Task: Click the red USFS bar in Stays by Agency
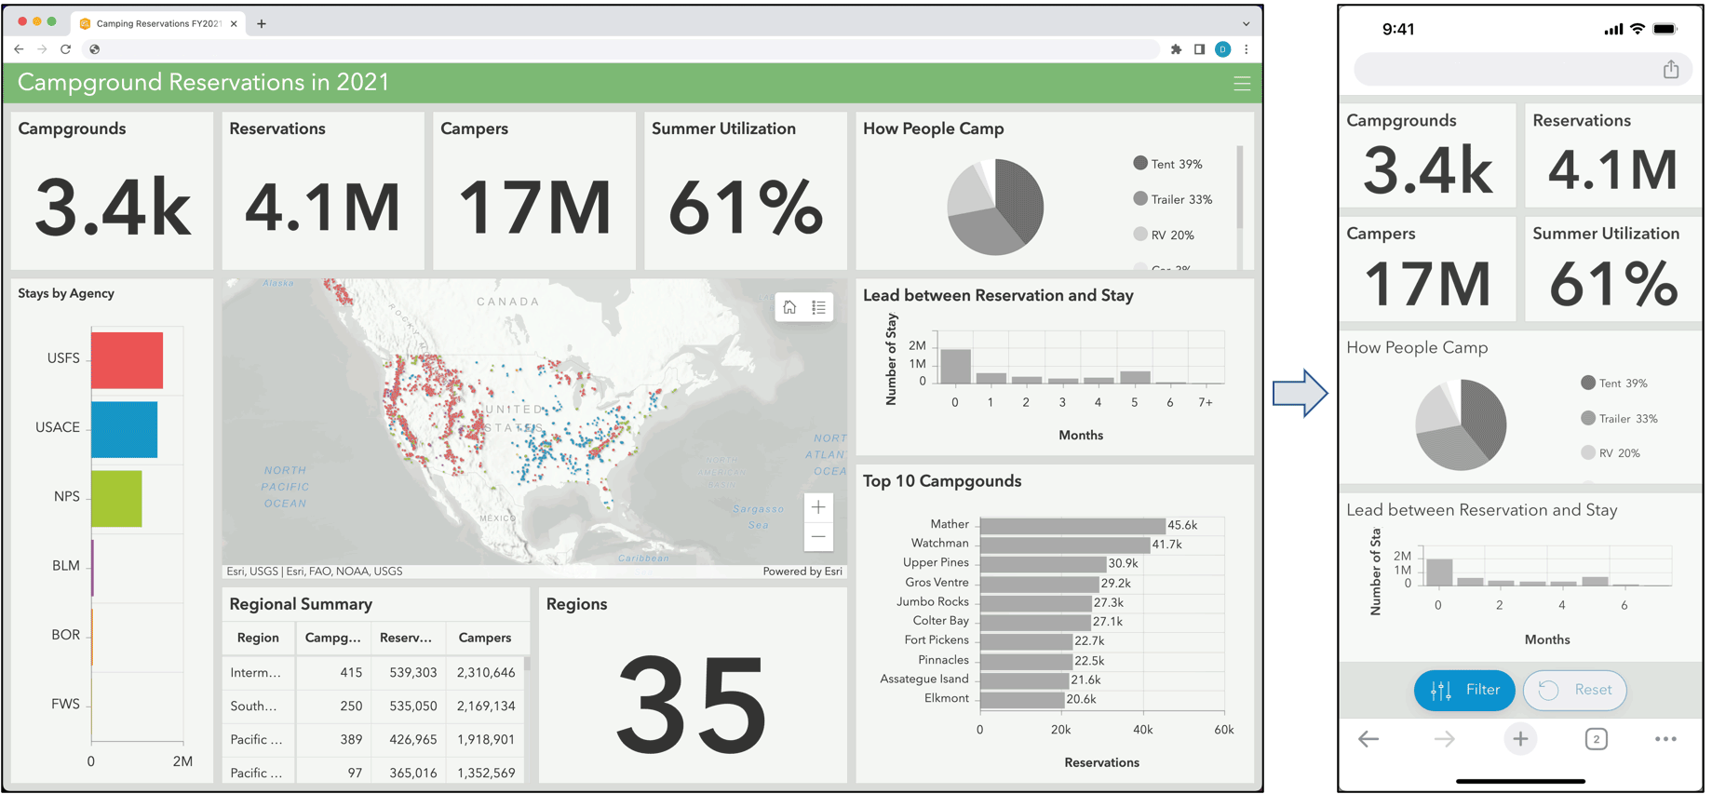127,359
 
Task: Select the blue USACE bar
124,429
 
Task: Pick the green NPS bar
116,498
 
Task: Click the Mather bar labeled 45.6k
1072,525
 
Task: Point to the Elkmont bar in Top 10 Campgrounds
1021,699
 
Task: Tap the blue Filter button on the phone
1463,690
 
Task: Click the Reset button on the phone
1574,690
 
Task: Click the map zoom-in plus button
818,507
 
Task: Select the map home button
789,307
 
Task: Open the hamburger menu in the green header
1241,84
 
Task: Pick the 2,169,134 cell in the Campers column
486,706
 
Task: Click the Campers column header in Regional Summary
485,638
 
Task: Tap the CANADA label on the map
508,302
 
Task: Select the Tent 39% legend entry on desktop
1167,164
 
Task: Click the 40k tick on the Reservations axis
1142,730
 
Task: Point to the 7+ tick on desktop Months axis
1206,402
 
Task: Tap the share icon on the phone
1670,70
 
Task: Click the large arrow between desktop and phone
1300,393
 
